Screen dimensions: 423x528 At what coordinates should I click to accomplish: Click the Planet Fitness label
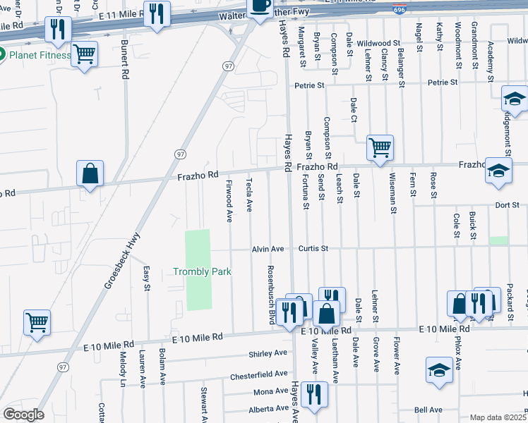tap(39, 55)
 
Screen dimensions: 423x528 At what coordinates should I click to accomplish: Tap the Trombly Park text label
tap(203, 271)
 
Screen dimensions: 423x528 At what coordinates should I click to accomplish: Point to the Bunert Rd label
tap(124, 59)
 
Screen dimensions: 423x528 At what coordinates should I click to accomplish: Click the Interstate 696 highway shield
tap(398, 9)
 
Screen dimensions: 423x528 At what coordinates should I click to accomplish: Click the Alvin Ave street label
tap(268, 249)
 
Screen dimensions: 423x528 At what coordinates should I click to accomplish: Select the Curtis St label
tap(313, 248)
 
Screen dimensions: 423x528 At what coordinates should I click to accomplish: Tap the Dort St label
tap(507, 205)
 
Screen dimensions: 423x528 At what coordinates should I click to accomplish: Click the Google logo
tap(23, 415)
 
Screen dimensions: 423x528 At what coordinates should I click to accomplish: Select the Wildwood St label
tap(378, 43)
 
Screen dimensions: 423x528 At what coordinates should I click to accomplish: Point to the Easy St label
tap(147, 278)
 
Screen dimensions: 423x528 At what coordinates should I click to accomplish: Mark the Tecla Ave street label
tap(249, 195)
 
